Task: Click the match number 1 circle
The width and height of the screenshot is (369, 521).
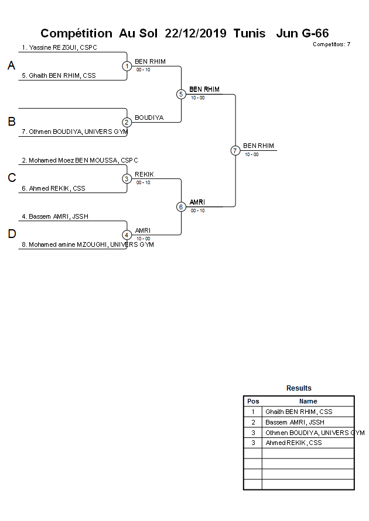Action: pos(127,66)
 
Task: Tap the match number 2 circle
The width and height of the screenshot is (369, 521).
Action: pos(127,122)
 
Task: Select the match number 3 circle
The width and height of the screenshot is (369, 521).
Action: pos(127,178)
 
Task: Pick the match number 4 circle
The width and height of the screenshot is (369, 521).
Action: pos(127,234)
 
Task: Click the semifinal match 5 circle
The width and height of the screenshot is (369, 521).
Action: pos(181,94)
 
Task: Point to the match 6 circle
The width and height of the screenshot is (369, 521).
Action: pos(181,206)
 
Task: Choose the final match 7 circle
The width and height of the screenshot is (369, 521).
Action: pos(235,150)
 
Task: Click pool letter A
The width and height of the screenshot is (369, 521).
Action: pos(11,66)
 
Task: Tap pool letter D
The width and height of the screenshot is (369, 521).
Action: pos(11,234)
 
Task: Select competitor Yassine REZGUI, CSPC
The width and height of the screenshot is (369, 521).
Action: pos(59,47)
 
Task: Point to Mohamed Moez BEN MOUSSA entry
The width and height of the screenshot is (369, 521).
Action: pos(80,160)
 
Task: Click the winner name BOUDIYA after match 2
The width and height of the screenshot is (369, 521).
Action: pos(149,118)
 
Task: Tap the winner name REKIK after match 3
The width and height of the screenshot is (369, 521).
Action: pos(144,174)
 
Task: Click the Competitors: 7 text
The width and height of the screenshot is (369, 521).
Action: pos(332,44)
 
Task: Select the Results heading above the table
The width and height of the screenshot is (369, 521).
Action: pos(299,388)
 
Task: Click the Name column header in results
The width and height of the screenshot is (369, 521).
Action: pos(308,401)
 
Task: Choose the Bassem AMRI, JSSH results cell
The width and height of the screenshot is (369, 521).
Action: pos(295,422)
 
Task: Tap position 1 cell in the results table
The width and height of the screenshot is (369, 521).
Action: pos(253,412)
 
